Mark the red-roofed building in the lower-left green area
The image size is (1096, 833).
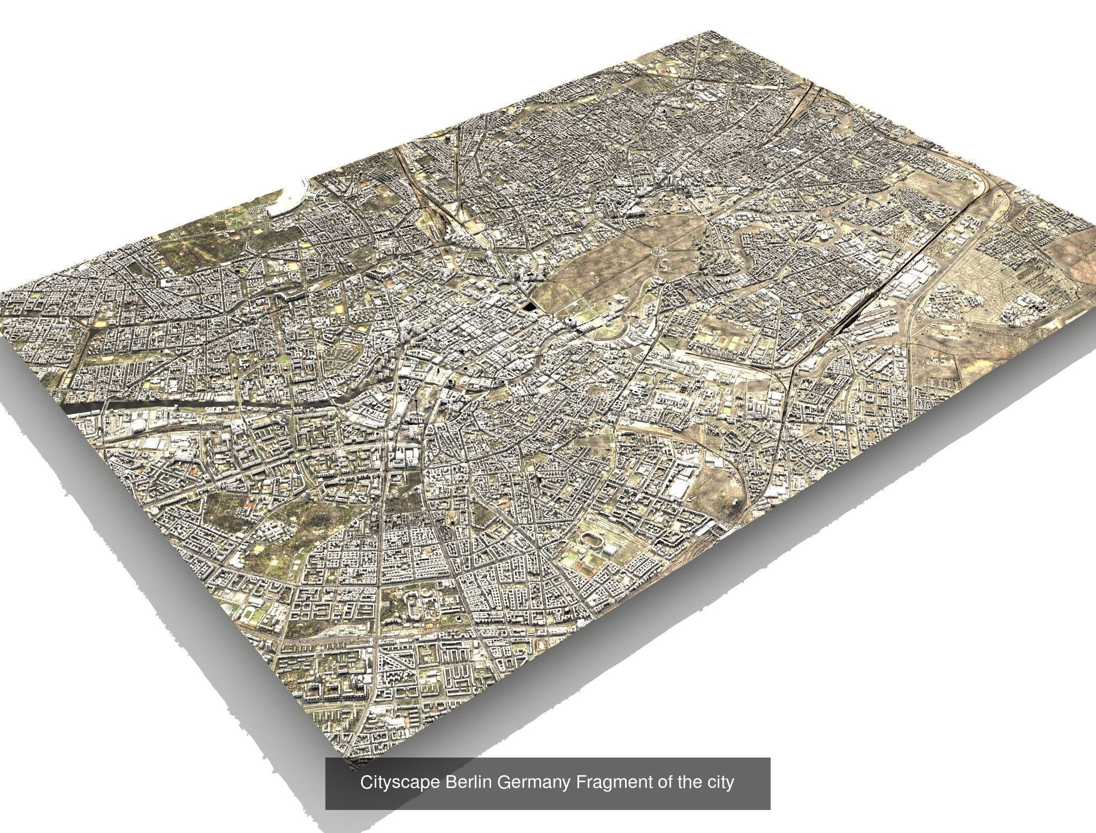248,503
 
